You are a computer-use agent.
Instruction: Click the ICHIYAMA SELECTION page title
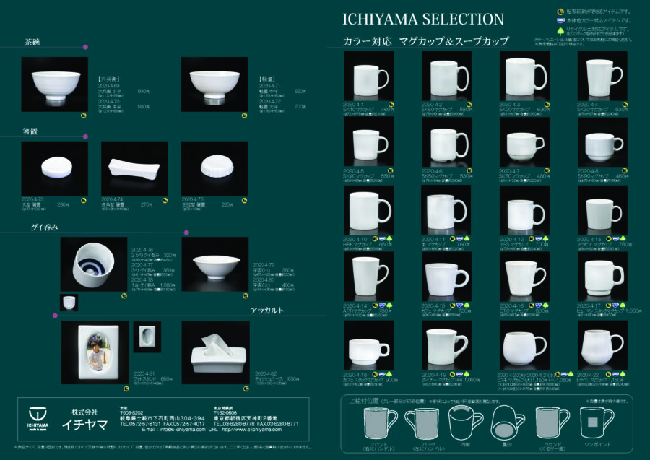coord(422,18)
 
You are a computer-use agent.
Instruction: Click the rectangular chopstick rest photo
coord(134,168)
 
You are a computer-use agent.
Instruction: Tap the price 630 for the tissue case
coord(293,378)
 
